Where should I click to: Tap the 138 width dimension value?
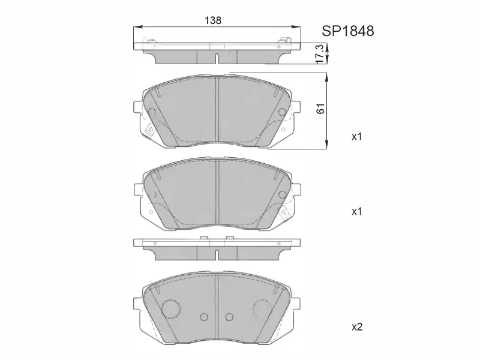tap(213, 20)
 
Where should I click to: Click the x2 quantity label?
tap(357, 327)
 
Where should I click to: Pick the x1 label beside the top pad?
tap(357, 137)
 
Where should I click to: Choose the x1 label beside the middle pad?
tap(357, 212)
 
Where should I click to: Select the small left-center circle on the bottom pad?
tap(203, 317)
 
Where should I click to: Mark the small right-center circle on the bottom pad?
tap(229, 317)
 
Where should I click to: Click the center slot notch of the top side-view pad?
tap(216, 58)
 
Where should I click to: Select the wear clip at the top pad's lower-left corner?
tap(148, 131)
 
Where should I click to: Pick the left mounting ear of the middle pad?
tap(136, 190)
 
